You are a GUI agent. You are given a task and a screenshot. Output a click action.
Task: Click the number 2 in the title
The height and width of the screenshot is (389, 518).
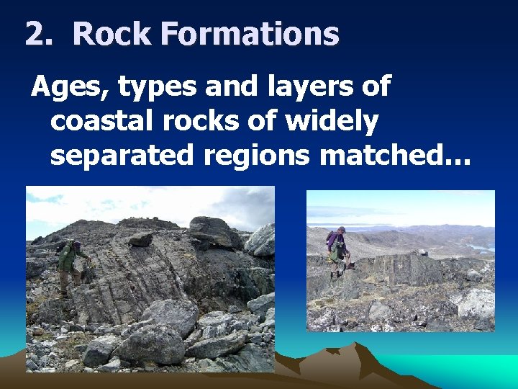coord(35,34)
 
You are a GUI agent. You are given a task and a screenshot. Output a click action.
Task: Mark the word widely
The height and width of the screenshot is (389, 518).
coord(331,122)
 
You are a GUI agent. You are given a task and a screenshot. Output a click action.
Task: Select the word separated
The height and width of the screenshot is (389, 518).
coord(122,155)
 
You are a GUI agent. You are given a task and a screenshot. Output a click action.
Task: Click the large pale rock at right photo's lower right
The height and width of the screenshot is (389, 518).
coord(476,303)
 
